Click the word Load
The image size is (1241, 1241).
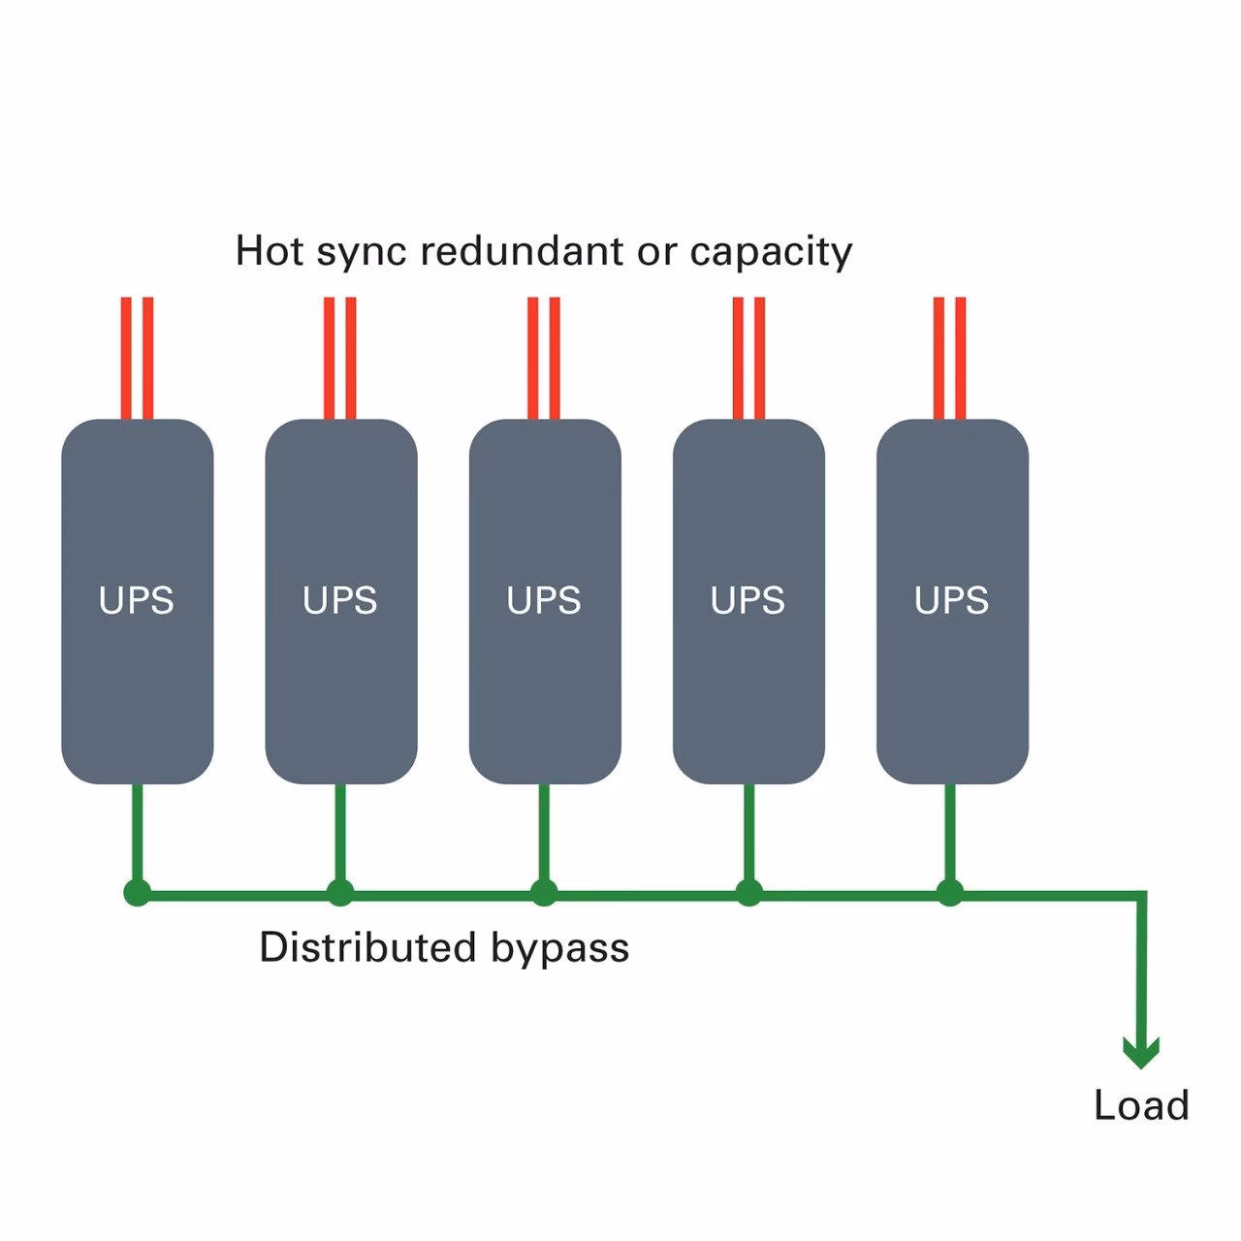[1141, 1105]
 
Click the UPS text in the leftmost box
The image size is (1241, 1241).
[137, 601]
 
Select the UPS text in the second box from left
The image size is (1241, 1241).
[340, 601]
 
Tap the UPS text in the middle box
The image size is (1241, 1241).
[544, 601]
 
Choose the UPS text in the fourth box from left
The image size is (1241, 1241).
[748, 601]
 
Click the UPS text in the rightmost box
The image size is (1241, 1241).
[951, 601]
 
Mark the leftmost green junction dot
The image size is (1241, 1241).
[138, 893]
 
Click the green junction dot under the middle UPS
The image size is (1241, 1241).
[544, 893]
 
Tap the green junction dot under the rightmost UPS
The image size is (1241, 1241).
[950, 893]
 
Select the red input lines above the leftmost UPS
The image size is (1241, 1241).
[137, 359]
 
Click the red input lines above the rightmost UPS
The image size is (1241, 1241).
[950, 359]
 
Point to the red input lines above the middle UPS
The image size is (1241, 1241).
[544, 359]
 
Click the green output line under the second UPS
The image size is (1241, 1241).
[340, 834]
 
